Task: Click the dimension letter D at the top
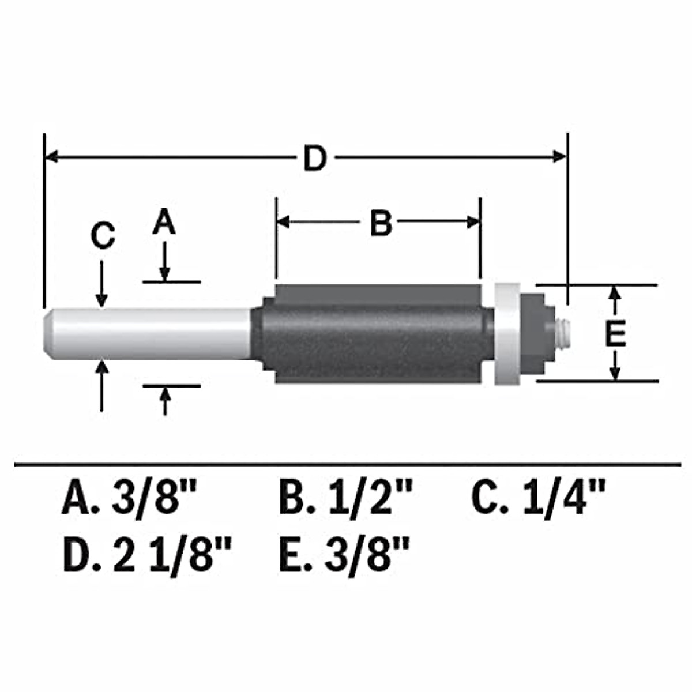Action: pos(315,158)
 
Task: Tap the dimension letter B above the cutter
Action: pos(381,223)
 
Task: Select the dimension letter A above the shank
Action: pos(164,223)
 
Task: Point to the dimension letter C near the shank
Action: pos(103,236)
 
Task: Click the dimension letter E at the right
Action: pos(615,333)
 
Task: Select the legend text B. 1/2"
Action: pos(346,499)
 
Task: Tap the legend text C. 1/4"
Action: pos(539,499)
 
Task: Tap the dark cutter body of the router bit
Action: pos(375,334)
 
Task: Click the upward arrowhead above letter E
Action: pos(615,292)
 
